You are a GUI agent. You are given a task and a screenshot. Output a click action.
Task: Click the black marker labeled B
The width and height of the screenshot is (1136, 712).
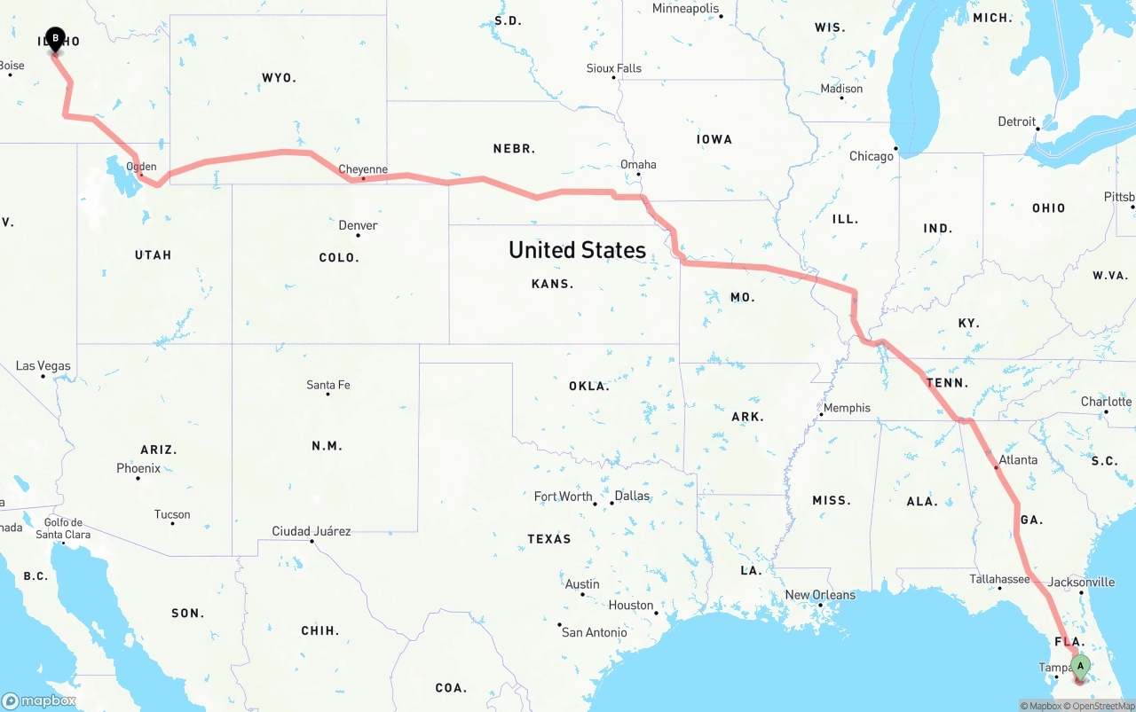tap(55, 38)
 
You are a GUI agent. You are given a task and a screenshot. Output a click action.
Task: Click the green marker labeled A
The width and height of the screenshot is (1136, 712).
tap(1080, 666)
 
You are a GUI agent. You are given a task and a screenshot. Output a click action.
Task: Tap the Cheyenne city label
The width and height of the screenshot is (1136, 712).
tap(363, 169)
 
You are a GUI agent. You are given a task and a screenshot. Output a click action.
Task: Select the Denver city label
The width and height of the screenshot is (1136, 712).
tap(358, 225)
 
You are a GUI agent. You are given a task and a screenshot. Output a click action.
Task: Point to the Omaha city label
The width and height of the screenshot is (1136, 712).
tap(638, 164)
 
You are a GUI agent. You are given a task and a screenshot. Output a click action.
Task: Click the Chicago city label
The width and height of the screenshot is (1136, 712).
tap(872, 156)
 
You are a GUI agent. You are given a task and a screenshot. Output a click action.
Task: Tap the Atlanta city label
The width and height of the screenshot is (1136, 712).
tap(1018, 459)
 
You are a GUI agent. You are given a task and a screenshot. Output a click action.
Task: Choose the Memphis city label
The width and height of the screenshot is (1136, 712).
tap(847, 408)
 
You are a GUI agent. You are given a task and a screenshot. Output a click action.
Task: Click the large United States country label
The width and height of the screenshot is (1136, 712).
tap(577, 250)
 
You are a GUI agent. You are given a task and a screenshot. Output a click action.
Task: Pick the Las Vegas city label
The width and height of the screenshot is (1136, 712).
tap(43, 365)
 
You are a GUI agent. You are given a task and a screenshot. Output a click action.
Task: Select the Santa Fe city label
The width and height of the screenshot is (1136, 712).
tap(328, 385)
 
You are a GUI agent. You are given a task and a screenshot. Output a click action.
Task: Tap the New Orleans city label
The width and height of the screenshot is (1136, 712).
tap(820, 595)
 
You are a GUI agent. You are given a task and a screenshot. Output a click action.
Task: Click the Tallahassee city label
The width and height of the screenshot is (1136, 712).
tap(998, 579)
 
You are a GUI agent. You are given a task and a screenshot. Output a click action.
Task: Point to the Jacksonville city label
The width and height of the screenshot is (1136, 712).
tap(1081, 582)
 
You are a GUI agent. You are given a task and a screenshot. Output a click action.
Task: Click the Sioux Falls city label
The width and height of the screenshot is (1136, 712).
tap(613, 68)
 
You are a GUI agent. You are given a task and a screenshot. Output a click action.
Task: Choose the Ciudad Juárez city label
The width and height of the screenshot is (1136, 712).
tap(311, 531)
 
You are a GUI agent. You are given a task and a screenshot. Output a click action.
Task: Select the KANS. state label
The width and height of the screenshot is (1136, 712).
tap(553, 284)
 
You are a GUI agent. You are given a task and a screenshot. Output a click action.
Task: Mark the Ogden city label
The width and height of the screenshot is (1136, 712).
tap(141, 166)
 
